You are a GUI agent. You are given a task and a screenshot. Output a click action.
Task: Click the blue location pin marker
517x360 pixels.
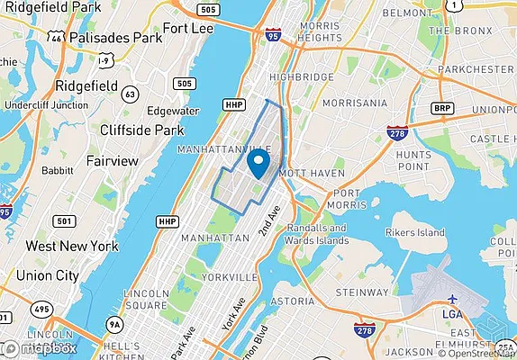[258, 164]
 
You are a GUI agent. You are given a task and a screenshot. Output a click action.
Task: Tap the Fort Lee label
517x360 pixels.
[187, 28]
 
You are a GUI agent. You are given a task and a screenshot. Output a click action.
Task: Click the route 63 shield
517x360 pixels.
[131, 93]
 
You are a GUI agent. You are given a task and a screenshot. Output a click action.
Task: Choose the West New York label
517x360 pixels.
[72, 246]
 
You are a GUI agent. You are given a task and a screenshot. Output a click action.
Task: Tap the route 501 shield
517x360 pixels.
[63, 220]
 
